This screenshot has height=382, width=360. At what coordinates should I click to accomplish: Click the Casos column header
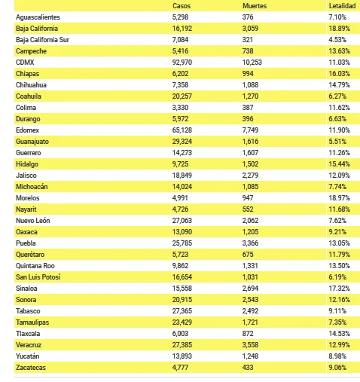pos(182,6)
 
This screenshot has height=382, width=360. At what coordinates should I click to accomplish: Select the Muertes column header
pos(255,6)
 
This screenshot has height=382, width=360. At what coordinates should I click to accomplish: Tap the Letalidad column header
pos(342,6)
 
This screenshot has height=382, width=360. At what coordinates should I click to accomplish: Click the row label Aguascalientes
pos(38,17)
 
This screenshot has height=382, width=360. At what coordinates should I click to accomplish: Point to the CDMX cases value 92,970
pos(182,63)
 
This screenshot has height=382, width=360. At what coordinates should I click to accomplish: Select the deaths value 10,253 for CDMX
pos(252,63)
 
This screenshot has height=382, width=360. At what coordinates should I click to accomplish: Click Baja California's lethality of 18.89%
pos(339,29)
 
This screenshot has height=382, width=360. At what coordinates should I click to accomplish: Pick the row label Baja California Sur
pos(42,40)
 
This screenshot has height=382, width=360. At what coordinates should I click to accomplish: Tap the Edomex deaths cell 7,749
pos(250,130)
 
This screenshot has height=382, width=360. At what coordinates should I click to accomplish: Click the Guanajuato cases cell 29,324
pos(182,142)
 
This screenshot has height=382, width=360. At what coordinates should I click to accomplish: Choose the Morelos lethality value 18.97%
pos(339,198)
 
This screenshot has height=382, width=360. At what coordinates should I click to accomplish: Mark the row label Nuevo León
pos(33,221)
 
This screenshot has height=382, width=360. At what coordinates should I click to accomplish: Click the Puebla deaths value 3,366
pos(250,243)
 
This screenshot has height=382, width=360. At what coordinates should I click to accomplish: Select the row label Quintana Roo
pos(35,266)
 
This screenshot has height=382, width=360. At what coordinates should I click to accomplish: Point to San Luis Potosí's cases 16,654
pos(182,277)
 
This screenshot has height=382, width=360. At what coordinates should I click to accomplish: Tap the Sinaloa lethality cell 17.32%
pos(339,289)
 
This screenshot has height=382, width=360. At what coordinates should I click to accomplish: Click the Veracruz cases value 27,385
pos(182,345)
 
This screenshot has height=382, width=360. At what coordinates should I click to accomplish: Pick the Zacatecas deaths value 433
pos(248,368)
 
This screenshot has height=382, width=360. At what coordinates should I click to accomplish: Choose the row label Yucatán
pos(28,356)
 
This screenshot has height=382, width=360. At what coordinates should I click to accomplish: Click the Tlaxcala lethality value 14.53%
pos(339,334)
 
